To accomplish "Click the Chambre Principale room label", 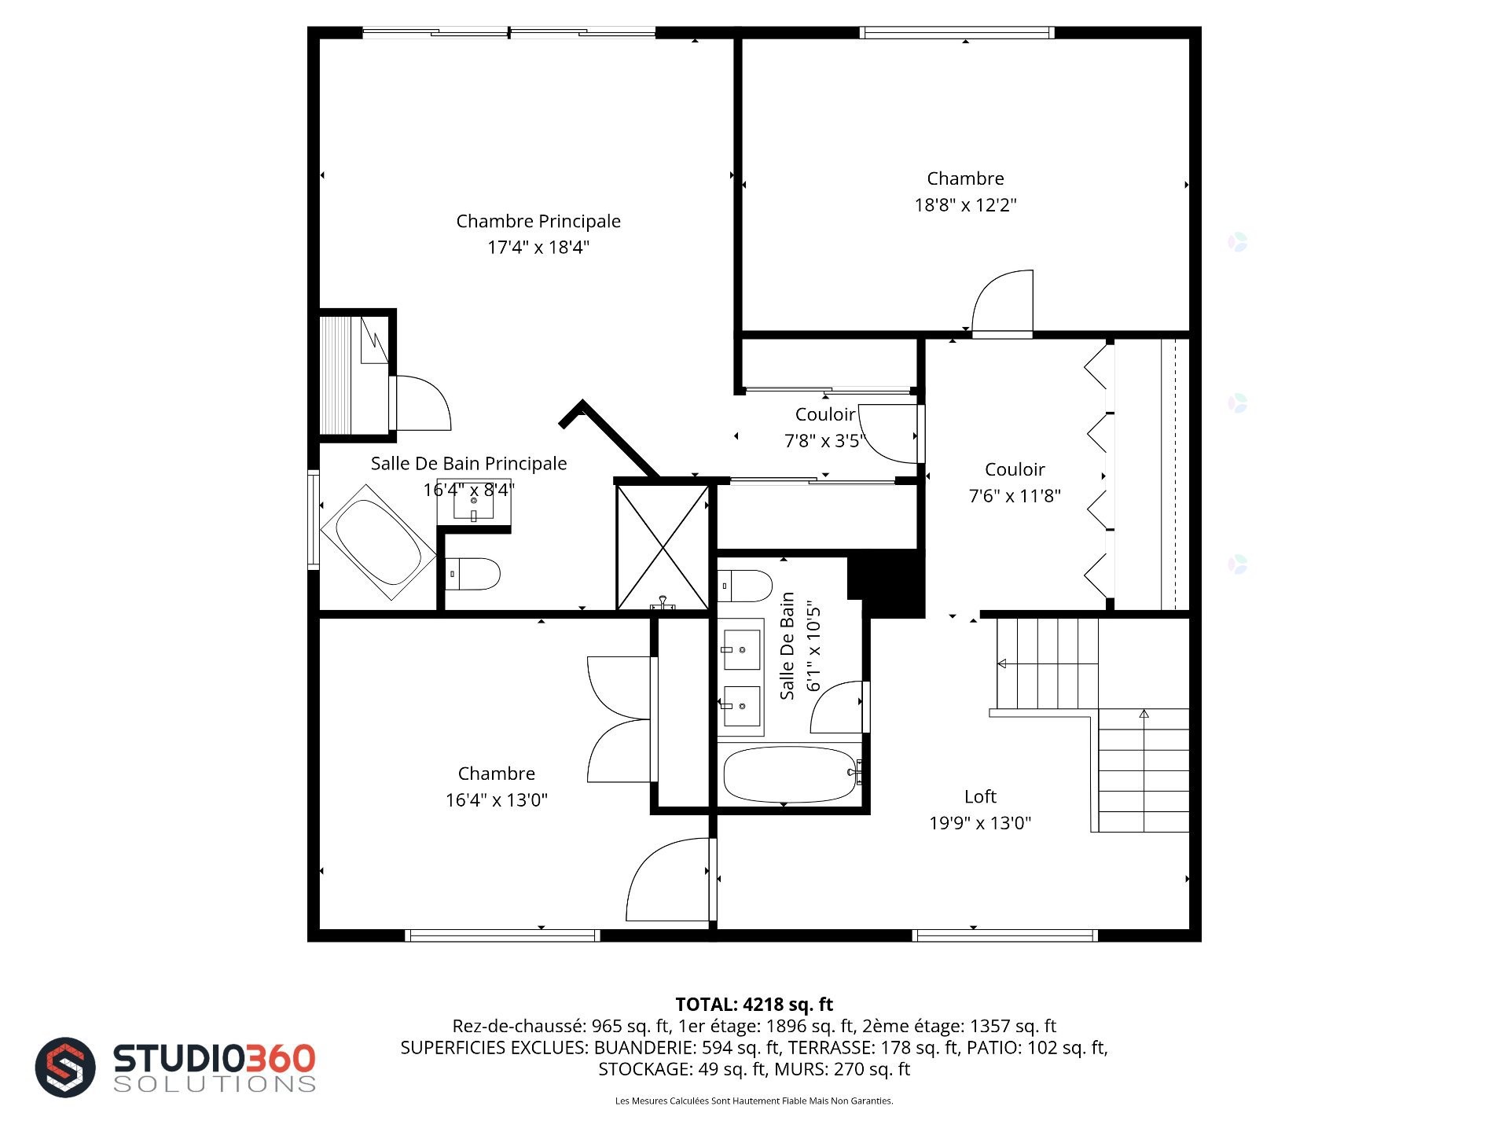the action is [x=538, y=221].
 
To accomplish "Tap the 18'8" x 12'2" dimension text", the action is [x=965, y=205].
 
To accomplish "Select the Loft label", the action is [x=980, y=796].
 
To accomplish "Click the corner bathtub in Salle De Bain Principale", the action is [x=378, y=542].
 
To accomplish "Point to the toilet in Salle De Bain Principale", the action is [x=472, y=574].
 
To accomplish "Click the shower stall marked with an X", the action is [x=663, y=547].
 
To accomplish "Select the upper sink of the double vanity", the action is [x=742, y=649].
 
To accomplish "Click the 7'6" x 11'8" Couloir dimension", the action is [x=1015, y=496].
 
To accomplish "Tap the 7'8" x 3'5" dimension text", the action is [x=824, y=441].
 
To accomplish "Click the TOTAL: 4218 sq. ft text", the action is [x=754, y=1004].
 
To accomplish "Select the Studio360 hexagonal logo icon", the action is [x=65, y=1067].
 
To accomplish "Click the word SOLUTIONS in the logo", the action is [x=215, y=1084].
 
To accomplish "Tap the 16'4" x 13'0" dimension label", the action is [x=497, y=800].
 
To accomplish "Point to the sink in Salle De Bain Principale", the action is [x=474, y=500].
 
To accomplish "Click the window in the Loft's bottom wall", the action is [x=1004, y=935].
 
